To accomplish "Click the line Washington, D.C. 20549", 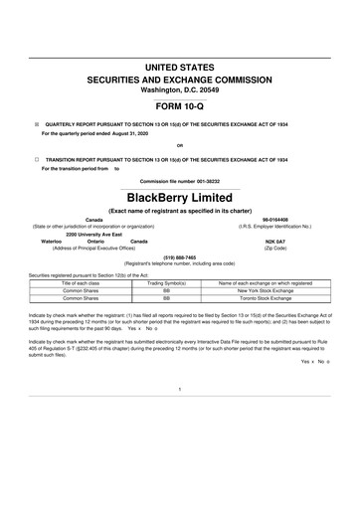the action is [179, 89].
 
